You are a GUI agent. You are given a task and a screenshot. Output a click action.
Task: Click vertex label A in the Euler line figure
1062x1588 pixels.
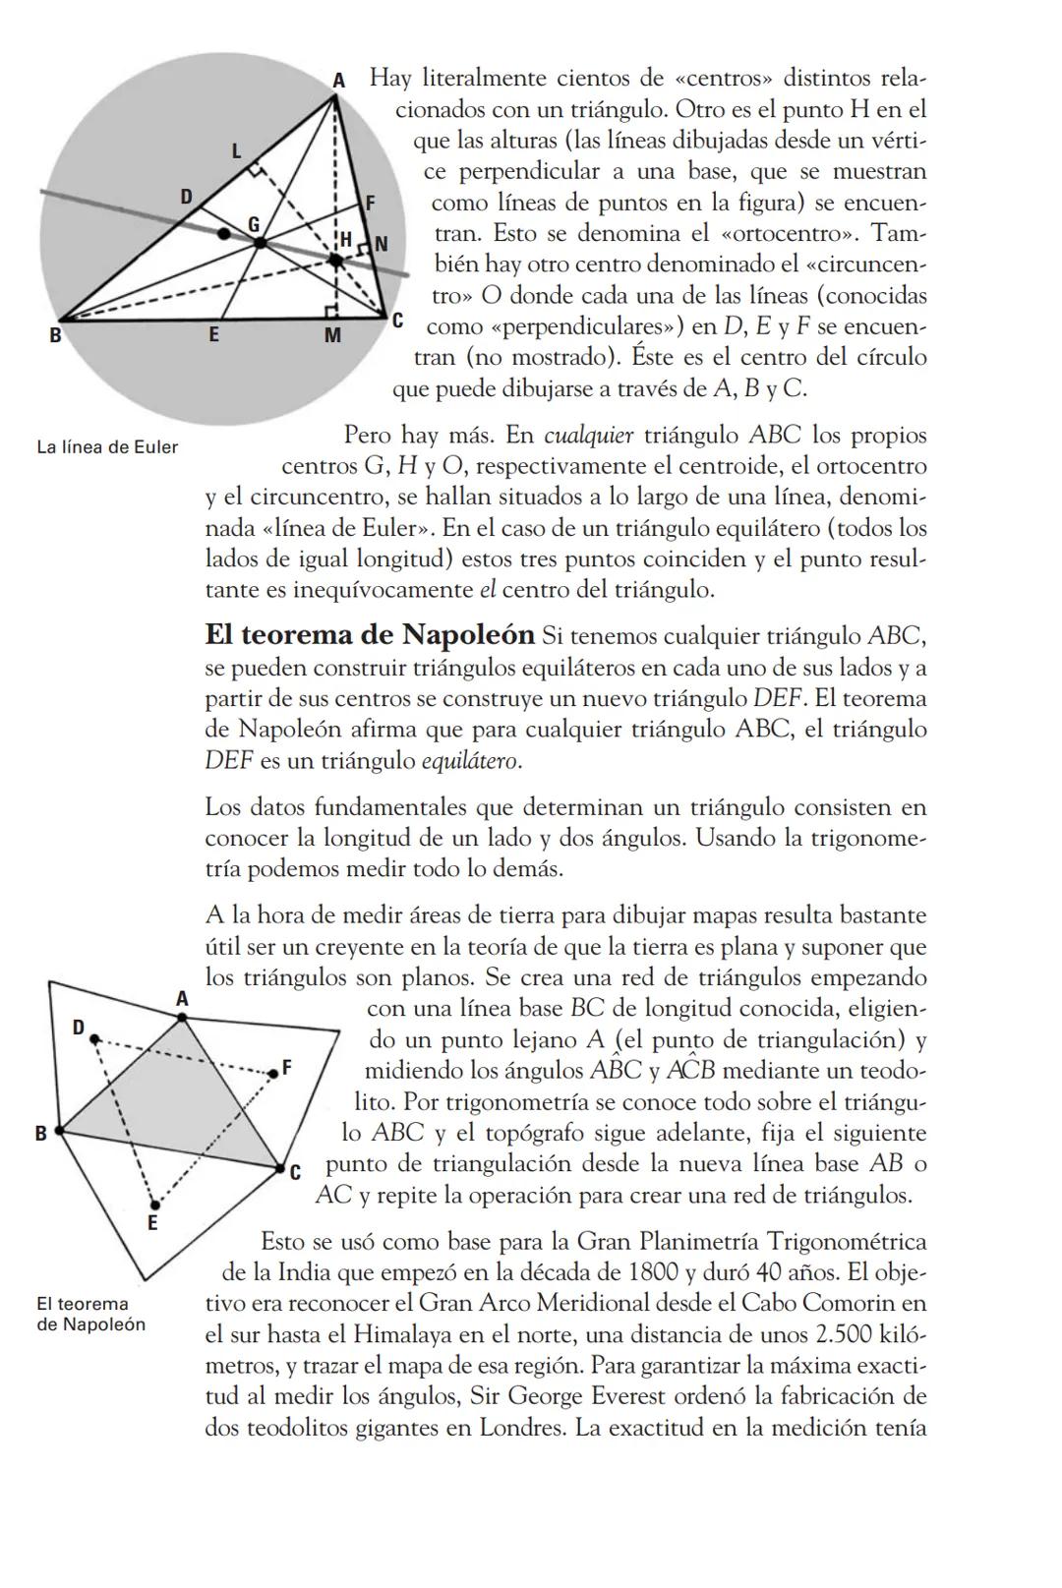(338, 81)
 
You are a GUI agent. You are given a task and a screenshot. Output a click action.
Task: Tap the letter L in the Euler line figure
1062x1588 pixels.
(236, 151)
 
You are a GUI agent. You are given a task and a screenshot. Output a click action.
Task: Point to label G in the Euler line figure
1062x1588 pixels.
(254, 223)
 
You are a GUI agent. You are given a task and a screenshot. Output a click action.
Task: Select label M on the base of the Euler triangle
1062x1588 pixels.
(332, 336)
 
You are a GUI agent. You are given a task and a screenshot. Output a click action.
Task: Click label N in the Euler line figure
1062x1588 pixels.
(381, 242)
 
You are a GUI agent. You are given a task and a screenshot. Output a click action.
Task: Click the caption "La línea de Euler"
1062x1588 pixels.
(107, 447)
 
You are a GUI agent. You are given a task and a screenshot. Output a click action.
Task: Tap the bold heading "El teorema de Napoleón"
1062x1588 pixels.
(370, 634)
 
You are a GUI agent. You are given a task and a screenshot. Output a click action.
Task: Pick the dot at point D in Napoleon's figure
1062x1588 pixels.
(94, 1037)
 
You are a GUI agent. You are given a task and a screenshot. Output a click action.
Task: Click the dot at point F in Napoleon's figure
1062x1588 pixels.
(272, 1073)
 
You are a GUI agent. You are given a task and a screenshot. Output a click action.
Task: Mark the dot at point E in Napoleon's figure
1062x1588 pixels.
(154, 1204)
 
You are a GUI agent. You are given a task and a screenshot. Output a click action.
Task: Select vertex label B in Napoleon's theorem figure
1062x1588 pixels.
(41, 1133)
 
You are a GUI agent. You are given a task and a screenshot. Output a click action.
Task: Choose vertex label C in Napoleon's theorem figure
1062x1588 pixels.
(294, 1171)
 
